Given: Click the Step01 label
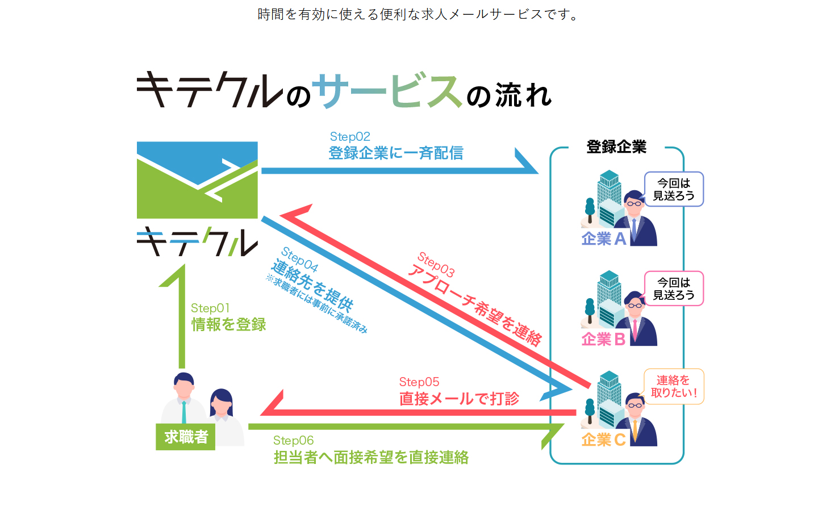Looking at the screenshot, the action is (210, 308).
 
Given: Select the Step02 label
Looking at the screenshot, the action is (350, 137).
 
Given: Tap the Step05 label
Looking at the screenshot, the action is (419, 382).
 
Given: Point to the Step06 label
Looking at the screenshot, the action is (293, 441).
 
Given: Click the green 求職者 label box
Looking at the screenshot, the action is (186, 437).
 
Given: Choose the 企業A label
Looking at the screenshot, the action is (604, 239).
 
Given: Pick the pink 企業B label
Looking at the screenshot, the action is (603, 340).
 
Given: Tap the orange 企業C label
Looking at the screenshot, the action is (603, 440).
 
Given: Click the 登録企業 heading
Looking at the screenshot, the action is (616, 147).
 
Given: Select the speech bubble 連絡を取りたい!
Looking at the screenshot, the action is (674, 387).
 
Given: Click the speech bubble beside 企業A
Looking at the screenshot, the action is (674, 189).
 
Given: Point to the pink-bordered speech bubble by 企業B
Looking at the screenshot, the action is (674, 288).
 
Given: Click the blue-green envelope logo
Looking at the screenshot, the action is (197, 180).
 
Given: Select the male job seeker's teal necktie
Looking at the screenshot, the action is (183, 413).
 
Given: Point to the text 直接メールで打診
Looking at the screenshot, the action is (459, 399).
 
